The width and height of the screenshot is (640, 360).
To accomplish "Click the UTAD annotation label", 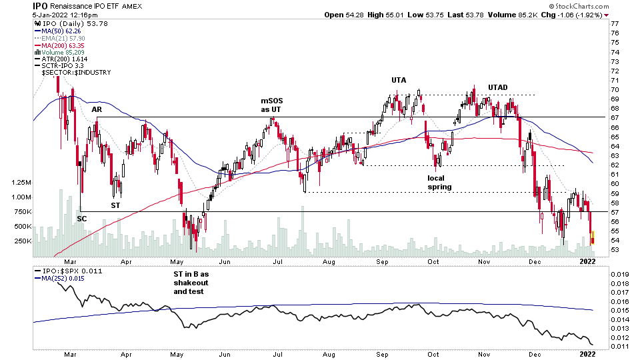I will [x=497, y=87].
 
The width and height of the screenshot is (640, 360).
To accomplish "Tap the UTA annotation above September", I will [x=399, y=80].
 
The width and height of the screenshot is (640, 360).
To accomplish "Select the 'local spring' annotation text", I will [x=441, y=183].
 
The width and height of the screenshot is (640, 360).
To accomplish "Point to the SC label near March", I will [x=81, y=218].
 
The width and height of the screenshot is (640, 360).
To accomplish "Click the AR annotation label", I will [x=97, y=109].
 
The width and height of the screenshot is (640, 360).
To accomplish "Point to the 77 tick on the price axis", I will [x=615, y=24].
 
